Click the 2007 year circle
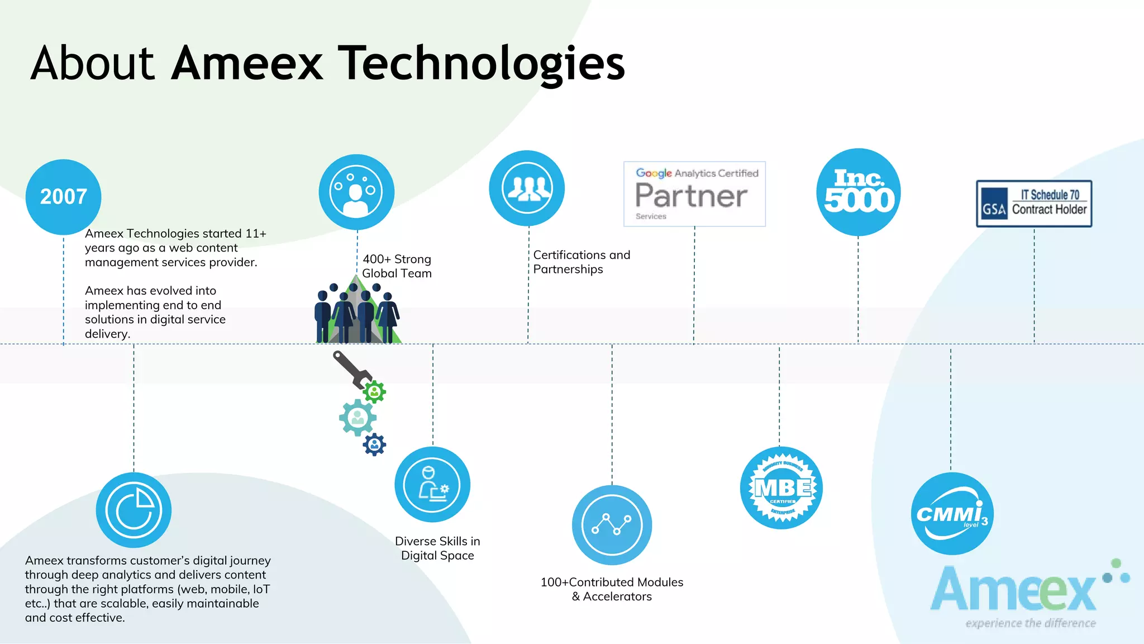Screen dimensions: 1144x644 [63, 197]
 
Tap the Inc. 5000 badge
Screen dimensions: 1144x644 [859, 192]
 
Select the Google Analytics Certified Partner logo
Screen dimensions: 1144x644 [694, 194]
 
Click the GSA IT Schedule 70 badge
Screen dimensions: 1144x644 [1034, 203]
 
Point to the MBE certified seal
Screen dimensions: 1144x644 [781, 488]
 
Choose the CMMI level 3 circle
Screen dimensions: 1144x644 [952, 514]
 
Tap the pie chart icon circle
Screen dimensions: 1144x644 [134, 510]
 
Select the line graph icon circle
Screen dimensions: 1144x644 [612, 525]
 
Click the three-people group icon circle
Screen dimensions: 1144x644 [527, 188]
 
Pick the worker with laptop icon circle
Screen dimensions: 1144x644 [432, 484]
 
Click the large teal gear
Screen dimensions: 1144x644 [357, 417]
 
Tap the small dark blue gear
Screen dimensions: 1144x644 [374, 445]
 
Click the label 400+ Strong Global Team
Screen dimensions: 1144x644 [397, 266]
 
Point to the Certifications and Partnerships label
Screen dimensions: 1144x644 [581, 262]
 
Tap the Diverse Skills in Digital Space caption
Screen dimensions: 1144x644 [437, 548]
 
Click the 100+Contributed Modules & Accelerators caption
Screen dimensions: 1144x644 [612, 589]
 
